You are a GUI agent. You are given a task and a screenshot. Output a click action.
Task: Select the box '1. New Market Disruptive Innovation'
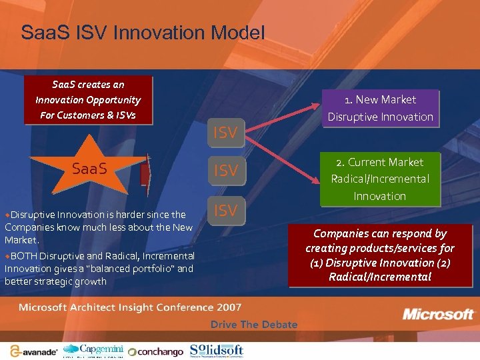pyautogui.click(x=380, y=108)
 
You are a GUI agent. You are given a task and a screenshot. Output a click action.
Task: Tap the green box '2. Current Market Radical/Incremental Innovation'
pyautogui.click(x=380, y=179)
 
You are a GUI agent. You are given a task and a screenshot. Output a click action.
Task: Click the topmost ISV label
pyautogui.click(x=225, y=133)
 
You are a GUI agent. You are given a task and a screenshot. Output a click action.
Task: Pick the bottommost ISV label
pyautogui.click(x=225, y=211)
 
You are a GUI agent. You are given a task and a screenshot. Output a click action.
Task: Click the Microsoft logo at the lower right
pyautogui.click(x=438, y=314)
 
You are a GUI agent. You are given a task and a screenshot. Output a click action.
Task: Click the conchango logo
pyautogui.click(x=155, y=351)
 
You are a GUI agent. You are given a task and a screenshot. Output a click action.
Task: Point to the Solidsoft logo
pyautogui.click(x=216, y=350)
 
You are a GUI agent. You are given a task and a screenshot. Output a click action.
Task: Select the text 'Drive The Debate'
pyautogui.click(x=254, y=325)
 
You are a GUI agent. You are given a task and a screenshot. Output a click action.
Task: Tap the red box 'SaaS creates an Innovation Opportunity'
pyautogui.click(x=88, y=100)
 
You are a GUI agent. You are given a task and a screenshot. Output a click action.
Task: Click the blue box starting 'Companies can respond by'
pyautogui.click(x=380, y=255)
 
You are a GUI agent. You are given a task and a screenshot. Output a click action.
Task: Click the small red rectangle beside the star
pyautogui.click(x=144, y=173)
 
